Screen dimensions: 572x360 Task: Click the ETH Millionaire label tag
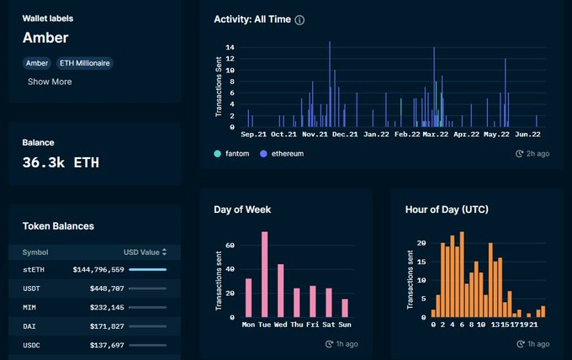pos(85,63)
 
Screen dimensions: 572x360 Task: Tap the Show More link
pos(50,82)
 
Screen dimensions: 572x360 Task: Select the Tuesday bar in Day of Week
pos(264,274)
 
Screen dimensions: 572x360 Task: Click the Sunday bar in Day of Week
pos(345,308)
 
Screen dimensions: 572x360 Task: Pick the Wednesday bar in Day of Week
pos(280,291)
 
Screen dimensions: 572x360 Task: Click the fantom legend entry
pos(231,154)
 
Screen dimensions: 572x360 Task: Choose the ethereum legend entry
pos(282,154)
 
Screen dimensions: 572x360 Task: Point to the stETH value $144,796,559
pos(98,269)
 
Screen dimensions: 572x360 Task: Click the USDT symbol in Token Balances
pos(31,289)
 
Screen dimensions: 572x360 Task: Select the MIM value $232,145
pos(107,308)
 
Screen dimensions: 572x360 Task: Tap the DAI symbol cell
pos(29,326)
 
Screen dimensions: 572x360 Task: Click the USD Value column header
pos(146,252)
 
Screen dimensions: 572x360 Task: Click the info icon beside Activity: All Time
pos(299,20)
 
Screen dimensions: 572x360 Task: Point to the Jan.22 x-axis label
pos(376,135)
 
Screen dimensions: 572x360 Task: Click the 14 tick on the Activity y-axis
pos(230,47)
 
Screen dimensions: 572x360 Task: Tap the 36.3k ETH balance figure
pos(61,162)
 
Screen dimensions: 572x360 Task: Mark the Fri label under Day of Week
pos(313,325)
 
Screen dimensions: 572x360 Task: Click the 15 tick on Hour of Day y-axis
pos(421,262)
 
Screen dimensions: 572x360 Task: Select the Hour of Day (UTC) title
pos(447,209)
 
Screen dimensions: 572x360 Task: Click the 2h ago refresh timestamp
pos(532,154)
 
